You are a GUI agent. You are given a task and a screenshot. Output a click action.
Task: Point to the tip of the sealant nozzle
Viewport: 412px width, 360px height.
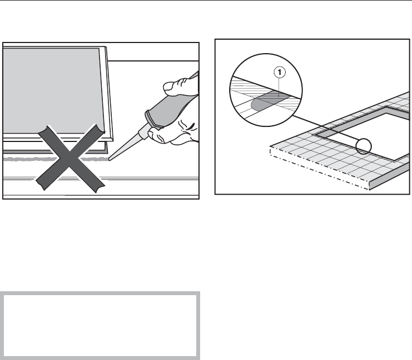click(x=110, y=159)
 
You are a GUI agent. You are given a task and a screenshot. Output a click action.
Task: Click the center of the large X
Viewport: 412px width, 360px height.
click(x=70, y=157)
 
